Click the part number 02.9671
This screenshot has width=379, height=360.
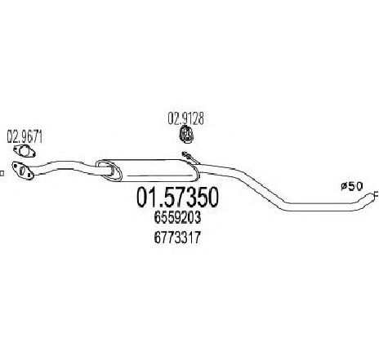pyautogui.click(x=25, y=137)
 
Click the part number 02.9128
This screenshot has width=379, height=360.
pyautogui.click(x=185, y=118)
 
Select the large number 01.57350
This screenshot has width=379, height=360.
pyautogui.click(x=177, y=198)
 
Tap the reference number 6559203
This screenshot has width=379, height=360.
pyautogui.click(x=177, y=218)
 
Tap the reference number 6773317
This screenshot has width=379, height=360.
pyautogui.click(x=177, y=238)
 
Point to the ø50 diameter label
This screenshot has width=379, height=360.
pyautogui.click(x=352, y=186)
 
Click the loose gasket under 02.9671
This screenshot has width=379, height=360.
pyautogui.click(x=25, y=151)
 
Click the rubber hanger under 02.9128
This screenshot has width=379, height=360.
pyautogui.click(x=186, y=134)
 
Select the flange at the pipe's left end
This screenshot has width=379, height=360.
pyautogui.click(x=23, y=171)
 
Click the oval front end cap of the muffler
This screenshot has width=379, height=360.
pyautogui.click(x=109, y=170)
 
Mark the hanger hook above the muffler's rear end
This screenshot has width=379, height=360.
pyautogui.click(x=190, y=158)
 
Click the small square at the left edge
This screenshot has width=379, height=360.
pyautogui.click(x=2, y=173)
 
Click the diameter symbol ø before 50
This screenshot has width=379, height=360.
pyautogui.click(x=344, y=186)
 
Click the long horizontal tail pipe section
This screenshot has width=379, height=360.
pyautogui.click(x=324, y=207)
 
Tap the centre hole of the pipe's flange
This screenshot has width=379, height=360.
pyautogui.click(x=23, y=171)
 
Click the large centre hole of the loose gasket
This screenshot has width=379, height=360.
pyautogui.click(x=25, y=151)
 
